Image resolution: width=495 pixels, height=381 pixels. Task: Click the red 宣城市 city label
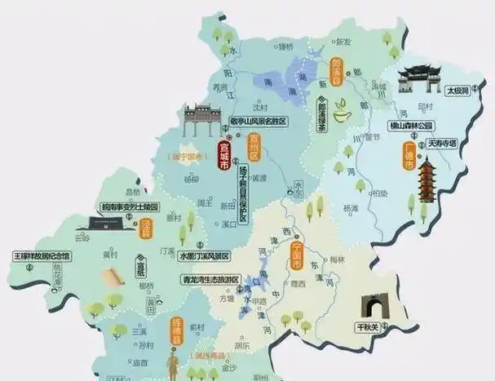pos(224,155)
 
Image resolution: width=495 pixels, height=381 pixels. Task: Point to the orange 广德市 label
pos(409,155)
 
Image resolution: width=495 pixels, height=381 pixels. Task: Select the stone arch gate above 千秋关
pos(376,307)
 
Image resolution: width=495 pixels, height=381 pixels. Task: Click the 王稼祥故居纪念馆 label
pos(42,256)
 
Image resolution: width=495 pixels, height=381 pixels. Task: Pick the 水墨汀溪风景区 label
pos(206,255)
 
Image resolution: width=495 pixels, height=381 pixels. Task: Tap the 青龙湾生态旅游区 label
pos(210,279)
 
